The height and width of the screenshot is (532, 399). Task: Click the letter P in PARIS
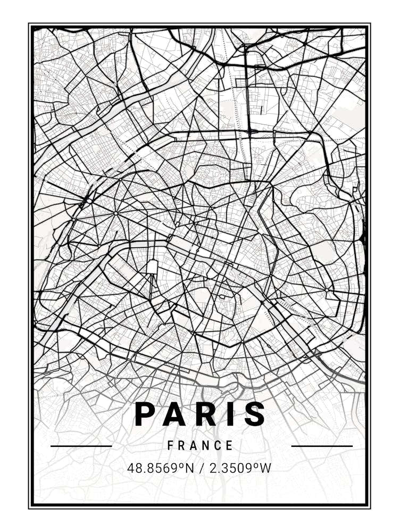click(145, 414)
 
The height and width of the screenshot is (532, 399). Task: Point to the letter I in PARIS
click(230, 414)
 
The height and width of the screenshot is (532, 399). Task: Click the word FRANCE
click(201, 446)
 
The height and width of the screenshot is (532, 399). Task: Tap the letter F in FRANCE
click(171, 446)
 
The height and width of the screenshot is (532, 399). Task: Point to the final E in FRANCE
click(230, 446)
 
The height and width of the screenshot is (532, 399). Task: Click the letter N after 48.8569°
click(190, 468)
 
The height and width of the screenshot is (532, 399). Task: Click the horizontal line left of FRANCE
click(81, 446)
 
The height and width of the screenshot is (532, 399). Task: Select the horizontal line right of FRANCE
click(322, 446)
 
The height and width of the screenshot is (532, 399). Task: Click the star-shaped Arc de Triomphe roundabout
click(115, 213)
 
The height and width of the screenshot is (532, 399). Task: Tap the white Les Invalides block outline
click(153, 266)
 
